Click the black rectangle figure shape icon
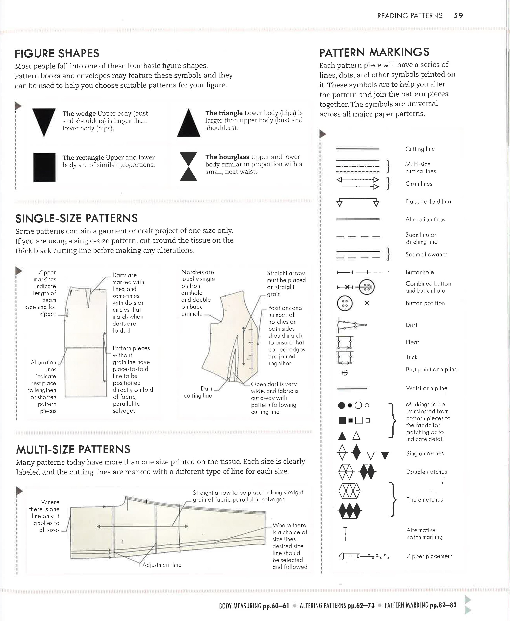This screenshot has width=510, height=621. [44, 167]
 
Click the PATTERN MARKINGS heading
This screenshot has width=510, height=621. [374, 52]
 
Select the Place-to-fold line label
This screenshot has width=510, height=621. [428, 201]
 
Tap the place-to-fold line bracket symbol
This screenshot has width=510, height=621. [358, 202]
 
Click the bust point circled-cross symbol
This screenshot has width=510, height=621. [345, 373]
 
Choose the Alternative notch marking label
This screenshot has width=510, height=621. [424, 533]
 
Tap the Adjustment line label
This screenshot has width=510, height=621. [162, 565]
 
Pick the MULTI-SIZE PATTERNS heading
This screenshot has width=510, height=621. [73, 449]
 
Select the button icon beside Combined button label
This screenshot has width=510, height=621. [367, 287]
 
